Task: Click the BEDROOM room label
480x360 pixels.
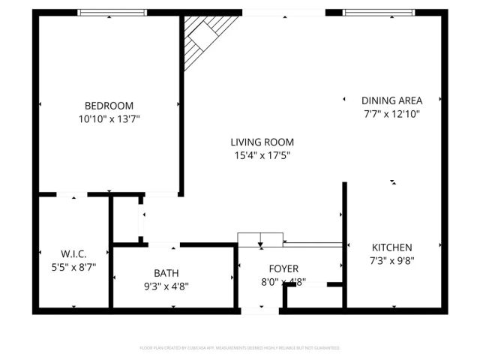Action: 109,106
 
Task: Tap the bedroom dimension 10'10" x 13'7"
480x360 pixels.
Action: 109,118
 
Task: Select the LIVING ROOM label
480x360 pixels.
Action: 262,142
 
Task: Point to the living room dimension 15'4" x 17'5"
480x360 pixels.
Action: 262,155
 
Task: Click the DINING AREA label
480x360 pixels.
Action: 391,100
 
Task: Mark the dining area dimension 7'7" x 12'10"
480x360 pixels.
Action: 391,114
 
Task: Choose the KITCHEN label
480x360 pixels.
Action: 392,247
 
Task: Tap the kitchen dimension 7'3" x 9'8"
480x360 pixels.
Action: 392,260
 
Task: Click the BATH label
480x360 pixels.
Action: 166,273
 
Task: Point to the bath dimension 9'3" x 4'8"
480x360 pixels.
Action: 166,286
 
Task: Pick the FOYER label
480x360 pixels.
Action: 283,268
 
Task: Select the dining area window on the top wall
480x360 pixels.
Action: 382,12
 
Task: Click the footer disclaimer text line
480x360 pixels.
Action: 240,348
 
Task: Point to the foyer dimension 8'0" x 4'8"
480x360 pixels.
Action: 283,282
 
